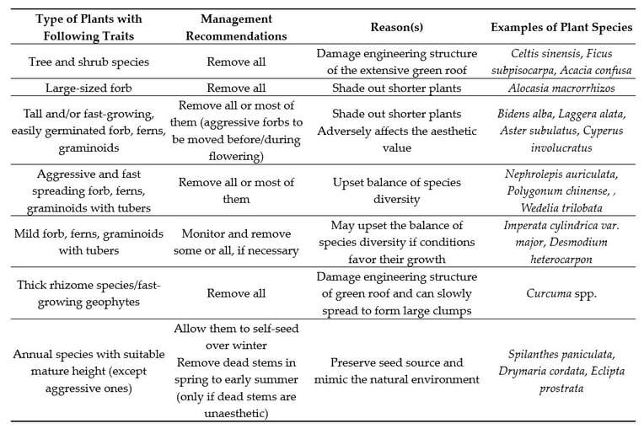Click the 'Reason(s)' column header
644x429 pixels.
coord(396,27)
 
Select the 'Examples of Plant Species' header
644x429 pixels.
coord(561,27)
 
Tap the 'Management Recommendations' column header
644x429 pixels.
coord(236,27)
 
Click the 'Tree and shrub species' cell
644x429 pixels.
coord(89,62)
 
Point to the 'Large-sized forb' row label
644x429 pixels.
coord(89,88)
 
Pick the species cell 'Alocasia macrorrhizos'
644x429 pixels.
coord(561,88)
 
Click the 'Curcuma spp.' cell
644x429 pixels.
coord(561,293)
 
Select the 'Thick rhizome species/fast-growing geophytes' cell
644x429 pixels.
coord(89,293)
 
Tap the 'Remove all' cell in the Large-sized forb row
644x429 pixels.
coord(236,88)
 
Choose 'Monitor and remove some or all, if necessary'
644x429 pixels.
coord(236,242)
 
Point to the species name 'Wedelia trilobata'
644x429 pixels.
coord(561,207)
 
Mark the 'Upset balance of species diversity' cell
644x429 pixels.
coord(396,190)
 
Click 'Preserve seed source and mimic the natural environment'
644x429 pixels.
coord(396,371)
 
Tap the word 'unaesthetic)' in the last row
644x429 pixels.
coord(236,413)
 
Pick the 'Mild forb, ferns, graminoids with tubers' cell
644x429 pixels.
coord(89,242)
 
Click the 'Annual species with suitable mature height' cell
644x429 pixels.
coord(89,371)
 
